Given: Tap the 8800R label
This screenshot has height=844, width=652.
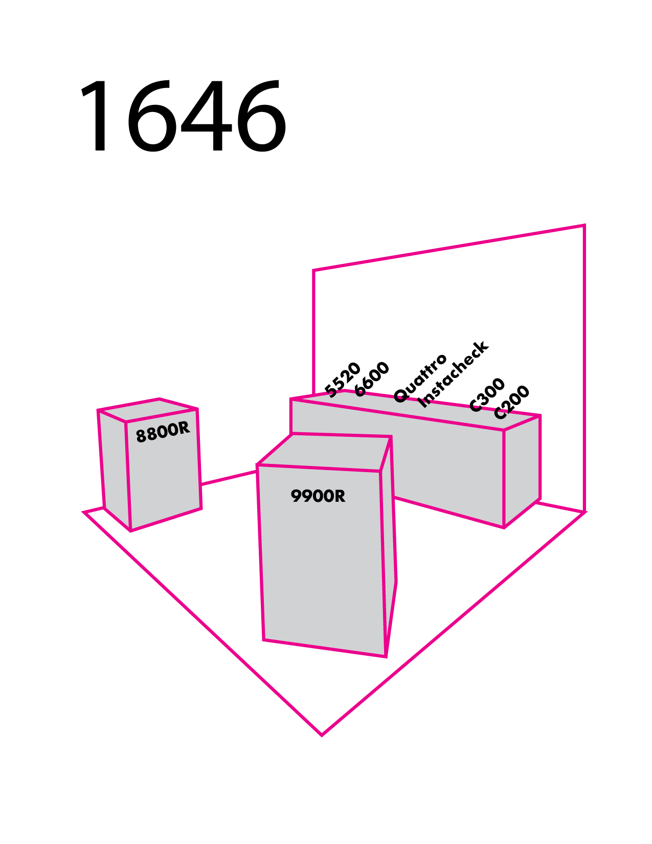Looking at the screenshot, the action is (163, 433).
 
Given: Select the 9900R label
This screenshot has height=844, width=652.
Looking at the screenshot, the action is (318, 496).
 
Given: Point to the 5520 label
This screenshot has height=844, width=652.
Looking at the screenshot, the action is (343, 380).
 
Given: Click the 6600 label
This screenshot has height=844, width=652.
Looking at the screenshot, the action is (372, 379).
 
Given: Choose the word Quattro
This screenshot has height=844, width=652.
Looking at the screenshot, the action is (420, 378).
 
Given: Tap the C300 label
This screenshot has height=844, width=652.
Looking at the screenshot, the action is (487, 394).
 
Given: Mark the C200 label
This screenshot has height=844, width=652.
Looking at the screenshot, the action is (511, 402).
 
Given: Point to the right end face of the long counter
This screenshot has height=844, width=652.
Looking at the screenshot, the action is (522, 471).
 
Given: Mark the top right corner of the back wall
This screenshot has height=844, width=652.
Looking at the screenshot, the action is (584, 225).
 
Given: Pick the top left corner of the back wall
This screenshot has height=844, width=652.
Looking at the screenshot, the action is (313, 270).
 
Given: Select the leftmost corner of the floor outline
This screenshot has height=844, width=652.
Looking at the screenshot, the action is (84, 512).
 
